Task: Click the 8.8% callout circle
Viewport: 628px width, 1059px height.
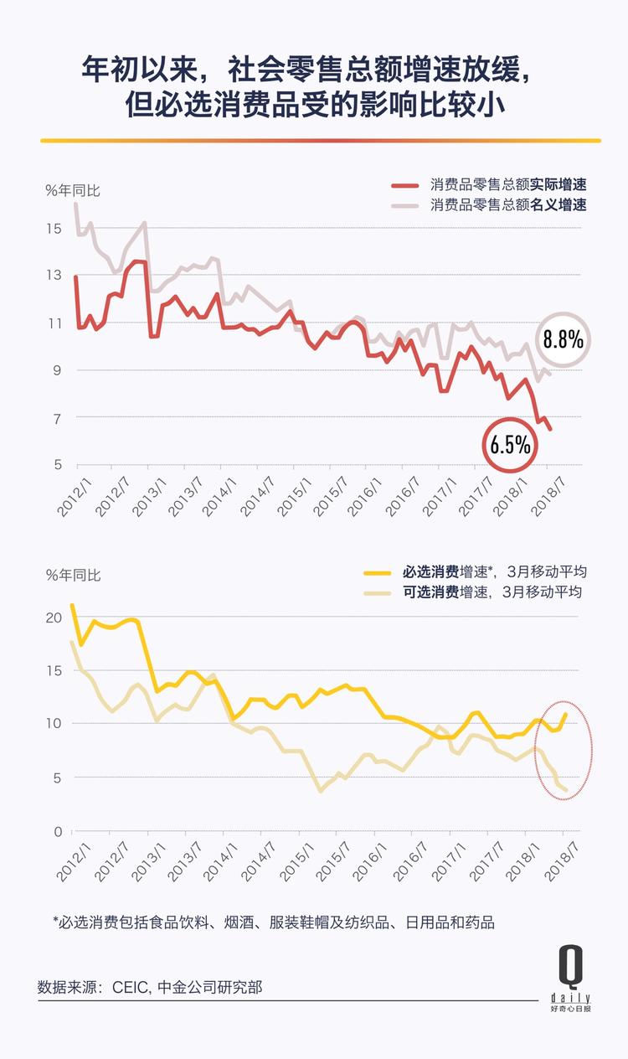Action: click(563, 340)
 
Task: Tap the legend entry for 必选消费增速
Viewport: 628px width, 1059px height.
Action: click(475, 572)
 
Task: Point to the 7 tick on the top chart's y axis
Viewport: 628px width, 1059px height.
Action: click(55, 417)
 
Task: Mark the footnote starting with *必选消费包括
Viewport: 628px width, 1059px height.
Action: click(273, 922)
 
